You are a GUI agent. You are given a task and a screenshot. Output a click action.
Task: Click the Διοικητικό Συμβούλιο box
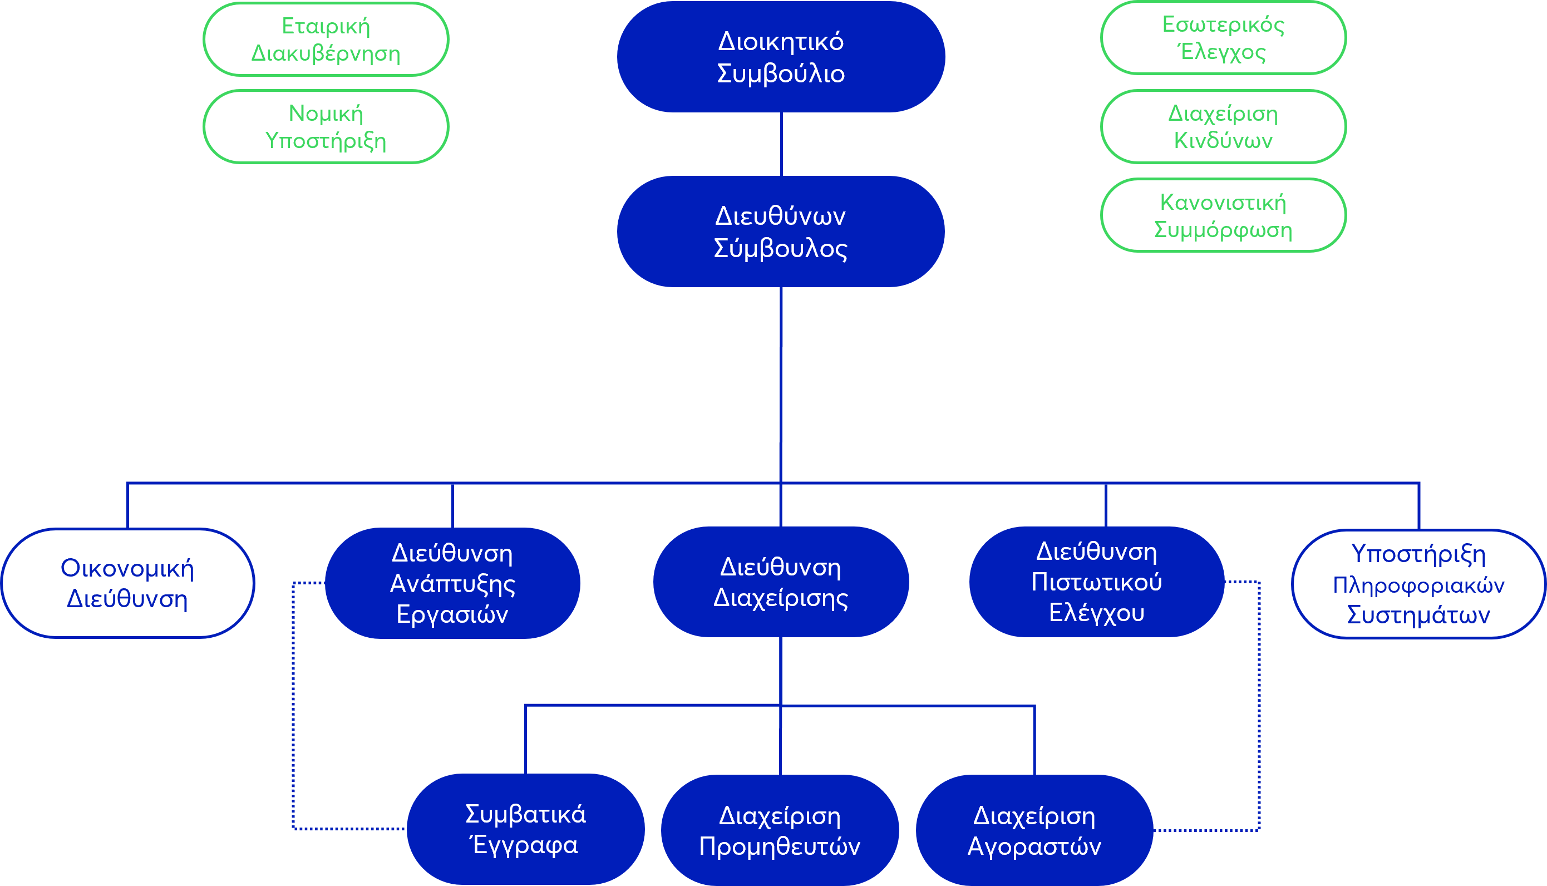781,57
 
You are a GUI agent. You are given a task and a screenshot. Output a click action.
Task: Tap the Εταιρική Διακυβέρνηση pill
326,40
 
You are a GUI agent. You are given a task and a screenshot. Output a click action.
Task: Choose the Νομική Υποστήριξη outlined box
326,126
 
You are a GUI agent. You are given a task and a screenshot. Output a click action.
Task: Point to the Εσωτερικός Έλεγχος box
1223,38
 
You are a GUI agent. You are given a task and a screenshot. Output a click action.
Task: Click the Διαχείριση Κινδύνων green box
1223,126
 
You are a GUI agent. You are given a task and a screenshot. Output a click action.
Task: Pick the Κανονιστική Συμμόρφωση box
1223,215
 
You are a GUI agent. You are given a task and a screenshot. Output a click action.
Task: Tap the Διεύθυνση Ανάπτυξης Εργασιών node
452,583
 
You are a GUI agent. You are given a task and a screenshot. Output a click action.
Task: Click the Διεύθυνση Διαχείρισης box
781,582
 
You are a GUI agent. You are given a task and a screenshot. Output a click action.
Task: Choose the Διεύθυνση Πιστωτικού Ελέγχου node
1096,582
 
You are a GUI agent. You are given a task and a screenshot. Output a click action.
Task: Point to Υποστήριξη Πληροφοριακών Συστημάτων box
1418,584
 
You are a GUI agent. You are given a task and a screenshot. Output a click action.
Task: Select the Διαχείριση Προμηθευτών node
779,830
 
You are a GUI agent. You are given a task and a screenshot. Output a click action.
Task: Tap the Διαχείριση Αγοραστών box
1034,830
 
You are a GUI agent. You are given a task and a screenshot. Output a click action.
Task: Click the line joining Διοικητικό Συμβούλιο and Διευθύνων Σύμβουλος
781,144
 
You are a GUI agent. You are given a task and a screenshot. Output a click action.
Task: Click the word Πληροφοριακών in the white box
1418,585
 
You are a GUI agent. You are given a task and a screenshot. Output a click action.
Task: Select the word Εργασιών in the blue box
452,614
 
